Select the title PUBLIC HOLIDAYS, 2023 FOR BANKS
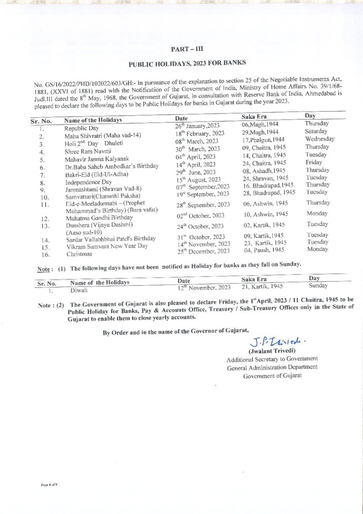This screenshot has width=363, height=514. point(187,64)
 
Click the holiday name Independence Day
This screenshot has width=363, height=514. point(88,182)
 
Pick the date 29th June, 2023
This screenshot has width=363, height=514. point(195,172)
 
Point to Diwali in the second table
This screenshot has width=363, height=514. point(79,290)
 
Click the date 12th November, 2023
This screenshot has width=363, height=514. point(204,287)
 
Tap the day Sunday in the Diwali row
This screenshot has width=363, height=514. point(318,285)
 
